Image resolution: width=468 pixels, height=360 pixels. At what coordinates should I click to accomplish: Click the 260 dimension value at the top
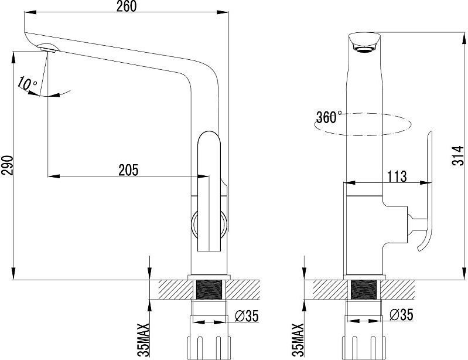pyautogui.click(x=127, y=6)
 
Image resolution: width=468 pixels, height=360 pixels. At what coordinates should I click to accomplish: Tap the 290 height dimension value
pyautogui.click(x=8, y=165)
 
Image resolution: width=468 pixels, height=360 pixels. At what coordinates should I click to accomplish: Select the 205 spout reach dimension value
pyautogui.click(x=129, y=170)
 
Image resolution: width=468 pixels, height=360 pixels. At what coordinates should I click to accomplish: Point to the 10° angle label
pyautogui.click(x=27, y=83)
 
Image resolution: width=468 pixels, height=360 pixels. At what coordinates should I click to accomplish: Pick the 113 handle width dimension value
pyautogui.click(x=397, y=176)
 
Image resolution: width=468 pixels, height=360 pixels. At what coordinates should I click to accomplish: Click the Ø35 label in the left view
pyautogui.click(x=247, y=316)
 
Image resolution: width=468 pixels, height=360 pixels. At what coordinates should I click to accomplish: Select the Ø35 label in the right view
pyautogui.click(x=402, y=315)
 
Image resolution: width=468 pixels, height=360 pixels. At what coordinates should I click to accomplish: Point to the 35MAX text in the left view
pyautogui.click(x=145, y=339)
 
